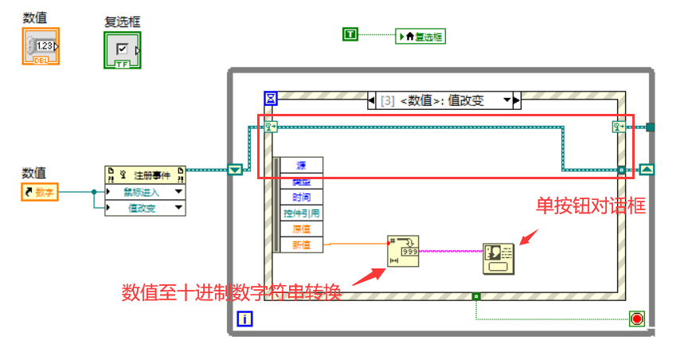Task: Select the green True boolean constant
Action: pos(350,34)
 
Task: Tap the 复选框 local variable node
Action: pos(420,36)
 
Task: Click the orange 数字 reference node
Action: pos(41,191)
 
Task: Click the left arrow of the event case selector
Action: pos(372,100)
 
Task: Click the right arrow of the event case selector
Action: pos(516,100)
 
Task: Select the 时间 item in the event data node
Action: pos(302,197)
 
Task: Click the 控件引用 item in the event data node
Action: pos(302,213)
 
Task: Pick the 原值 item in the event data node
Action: pos(302,229)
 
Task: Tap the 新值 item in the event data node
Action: pos(302,245)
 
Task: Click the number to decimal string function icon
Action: pos(403,250)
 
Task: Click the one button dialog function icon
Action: pos(498,259)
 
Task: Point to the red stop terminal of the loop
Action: pos(636,319)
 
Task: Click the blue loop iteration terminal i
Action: pos(245,320)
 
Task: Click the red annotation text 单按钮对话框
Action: pos(590,205)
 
